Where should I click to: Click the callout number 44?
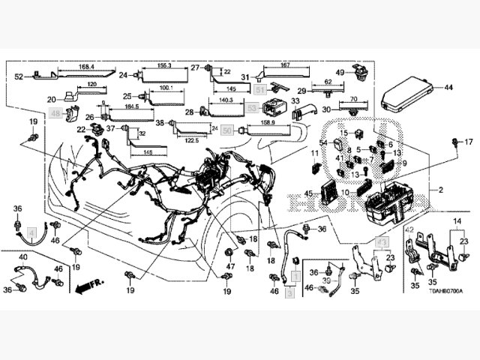tap(449, 88)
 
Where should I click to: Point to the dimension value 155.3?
tap(165, 67)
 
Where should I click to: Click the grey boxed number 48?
tap(55, 112)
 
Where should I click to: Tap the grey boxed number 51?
tap(259, 90)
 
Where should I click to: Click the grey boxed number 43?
tap(381, 244)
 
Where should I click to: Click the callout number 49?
tap(340, 72)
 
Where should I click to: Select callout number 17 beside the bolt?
tap(469, 142)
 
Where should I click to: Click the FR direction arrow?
tap(87, 286)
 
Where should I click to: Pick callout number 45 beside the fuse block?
tap(308, 193)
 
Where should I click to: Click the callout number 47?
tap(231, 266)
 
